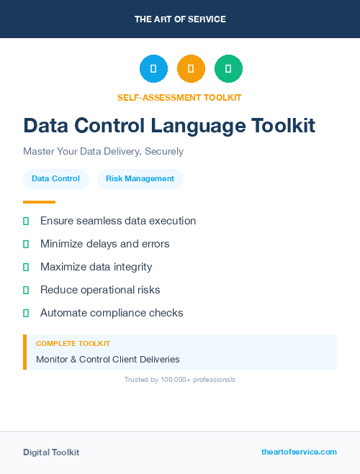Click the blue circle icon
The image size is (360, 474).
(153, 68)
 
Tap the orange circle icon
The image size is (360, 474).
(191, 68)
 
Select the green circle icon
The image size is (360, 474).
(228, 68)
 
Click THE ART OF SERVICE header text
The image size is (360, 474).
(180, 19)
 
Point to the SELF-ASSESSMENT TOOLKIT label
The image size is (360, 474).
(179, 97)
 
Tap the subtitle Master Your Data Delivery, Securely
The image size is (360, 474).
(103, 152)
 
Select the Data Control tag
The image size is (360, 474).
(55, 178)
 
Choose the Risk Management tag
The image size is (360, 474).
(140, 178)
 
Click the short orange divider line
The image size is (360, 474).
(39, 202)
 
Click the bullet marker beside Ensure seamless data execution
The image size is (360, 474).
(26, 221)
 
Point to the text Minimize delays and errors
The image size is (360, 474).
(105, 244)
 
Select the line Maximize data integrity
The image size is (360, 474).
(96, 267)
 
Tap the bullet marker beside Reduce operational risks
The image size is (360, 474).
(26, 290)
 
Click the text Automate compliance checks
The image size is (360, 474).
(112, 313)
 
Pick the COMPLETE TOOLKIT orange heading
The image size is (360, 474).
(73, 344)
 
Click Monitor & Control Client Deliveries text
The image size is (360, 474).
(107, 359)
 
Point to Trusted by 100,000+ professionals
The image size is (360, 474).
(180, 379)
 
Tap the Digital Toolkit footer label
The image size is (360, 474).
(51, 452)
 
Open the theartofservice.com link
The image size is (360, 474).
(299, 452)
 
